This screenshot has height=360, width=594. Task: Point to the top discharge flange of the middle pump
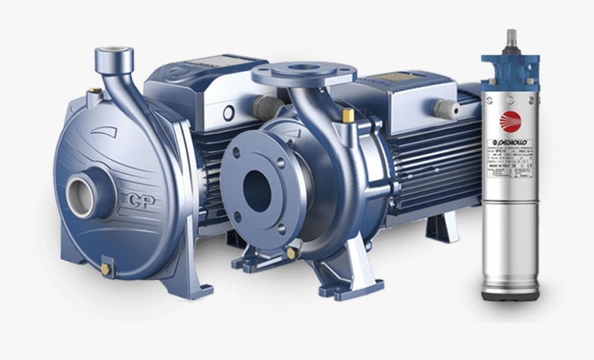pos(304,72)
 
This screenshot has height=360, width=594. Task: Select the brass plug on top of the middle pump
pos(347,114)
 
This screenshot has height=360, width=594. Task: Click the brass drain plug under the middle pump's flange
pos(291,253)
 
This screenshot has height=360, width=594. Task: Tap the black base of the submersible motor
pos(511,296)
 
